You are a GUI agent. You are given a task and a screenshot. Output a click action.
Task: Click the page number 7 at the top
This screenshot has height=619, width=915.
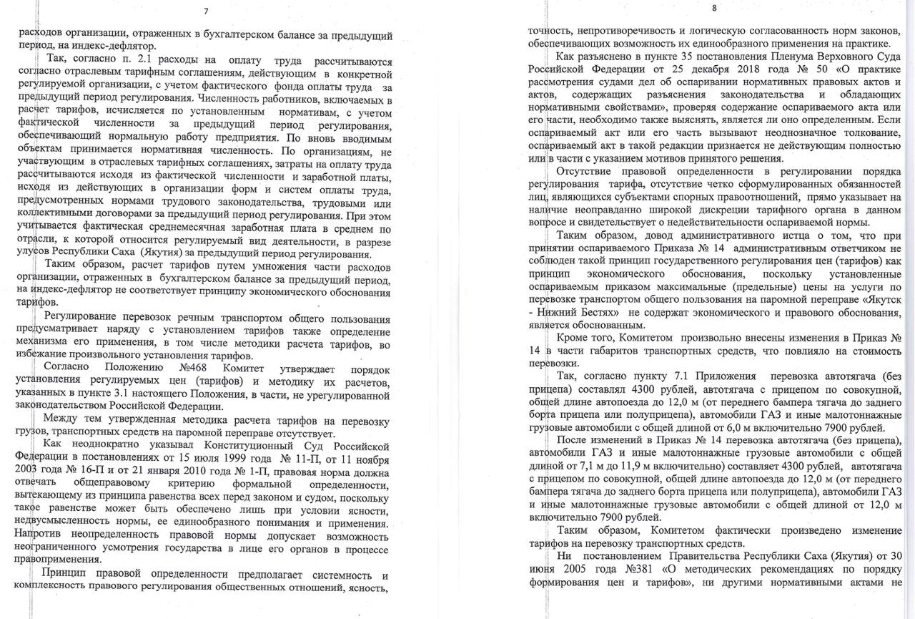pyautogui.click(x=206, y=10)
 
